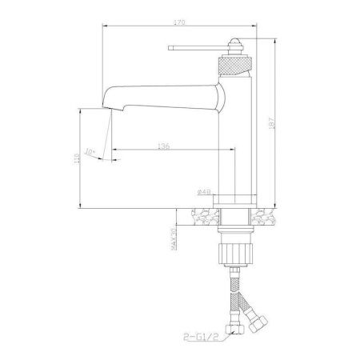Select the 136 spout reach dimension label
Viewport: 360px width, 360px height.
tap(163, 146)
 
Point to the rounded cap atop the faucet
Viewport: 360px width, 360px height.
tap(237, 42)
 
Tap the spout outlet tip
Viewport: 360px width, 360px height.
tap(106, 104)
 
